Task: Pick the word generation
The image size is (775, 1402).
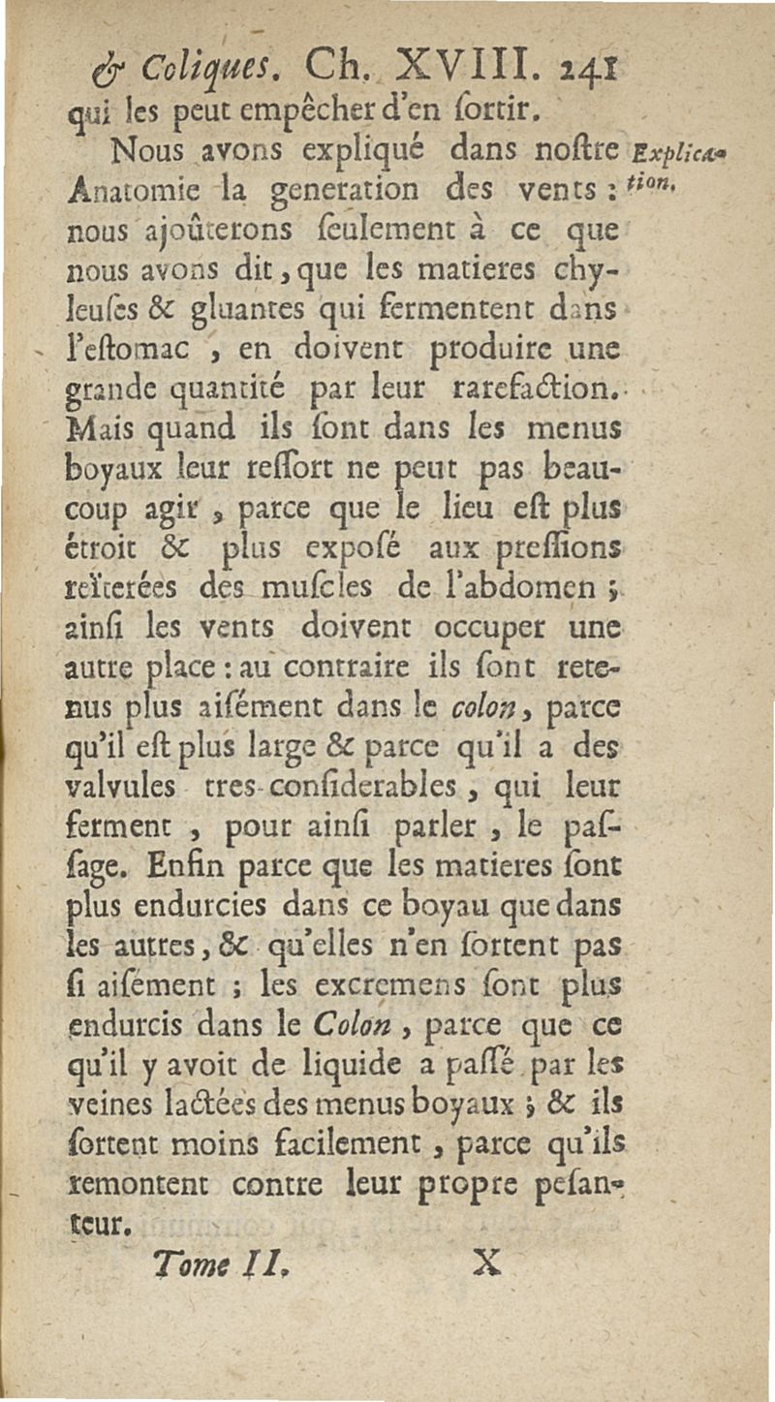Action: click(316, 194)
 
